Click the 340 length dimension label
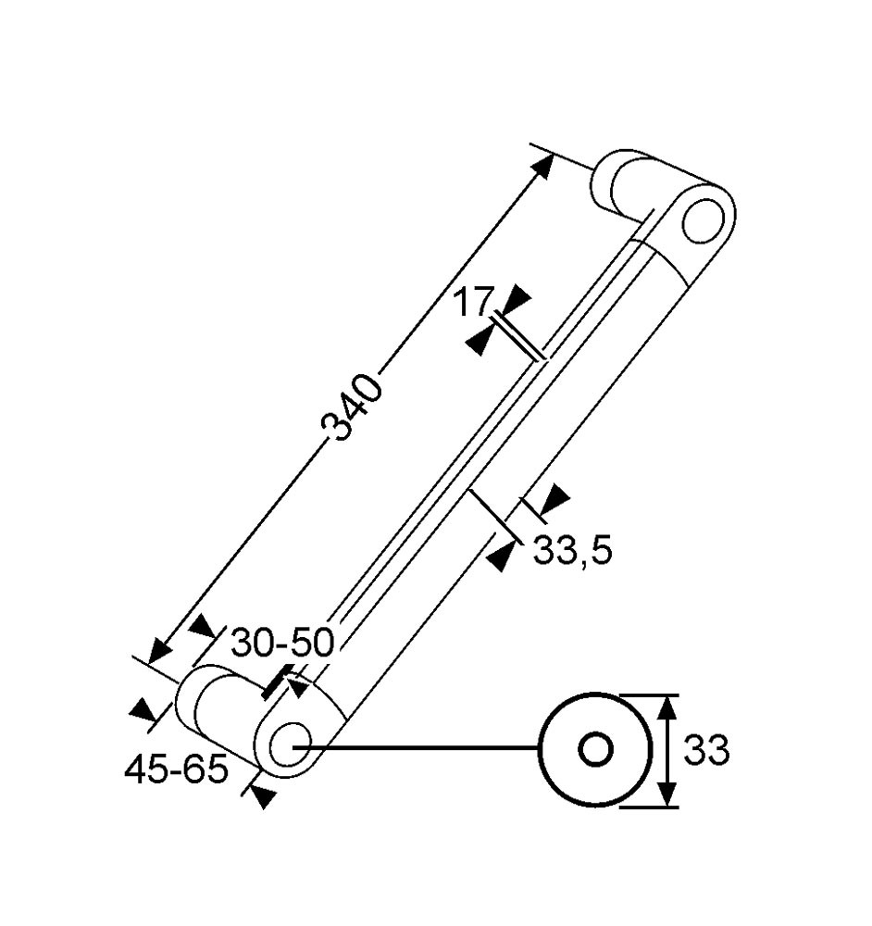pyautogui.click(x=351, y=408)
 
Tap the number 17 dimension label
pyautogui.click(x=472, y=302)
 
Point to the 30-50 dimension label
pyautogui.click(x=282, y=643)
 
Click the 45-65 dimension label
pyautogui.click(x=176, y=770)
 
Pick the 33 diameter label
pyautogui.click(x=706, y=750)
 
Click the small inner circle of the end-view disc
pyautogui.click(x=595, y=749)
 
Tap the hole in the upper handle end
pyautogui.click(x=703, y=221)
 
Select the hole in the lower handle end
pyautogui.click(x=291, y=745)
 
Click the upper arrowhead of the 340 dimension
pyautogui.click(x=542, y=166)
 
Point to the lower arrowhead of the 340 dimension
pyautogui.click(x=160, y=651)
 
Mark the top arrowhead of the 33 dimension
pyautogui.click(x=666, y=707)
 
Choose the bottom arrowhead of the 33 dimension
pyautogui.click(x=666, y=794)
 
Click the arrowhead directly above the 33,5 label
pyautogui.click(x=554, y=499)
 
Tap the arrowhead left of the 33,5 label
pyautogui.click(x=500, y=557)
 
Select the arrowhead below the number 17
pyautogui.click(x=479, y=342)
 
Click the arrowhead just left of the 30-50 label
pyautogui.click(x=204, y=625)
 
